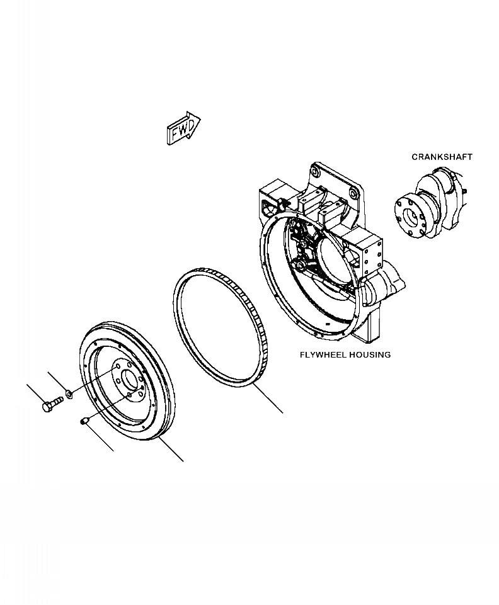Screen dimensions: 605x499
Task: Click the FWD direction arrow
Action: [183, 128]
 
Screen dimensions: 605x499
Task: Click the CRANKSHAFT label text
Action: [442, 157]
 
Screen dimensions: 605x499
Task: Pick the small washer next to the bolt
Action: [68, 394]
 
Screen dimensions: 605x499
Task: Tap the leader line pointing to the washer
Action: [58, 382]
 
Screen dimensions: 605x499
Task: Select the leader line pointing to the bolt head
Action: [35, 392]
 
